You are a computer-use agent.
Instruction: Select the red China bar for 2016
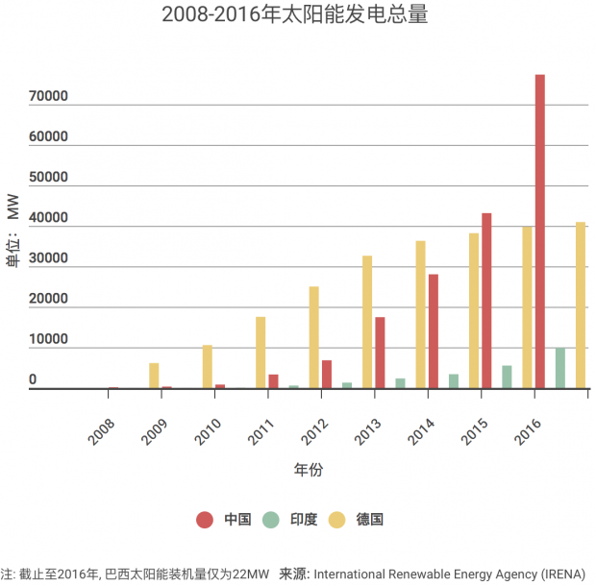click(540, 232)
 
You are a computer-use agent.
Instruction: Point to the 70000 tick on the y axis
click(48, 97)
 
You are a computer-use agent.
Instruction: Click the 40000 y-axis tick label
click(48, 219)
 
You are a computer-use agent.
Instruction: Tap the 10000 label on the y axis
click(48, 340)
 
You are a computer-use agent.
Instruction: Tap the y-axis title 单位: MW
click(12, 231)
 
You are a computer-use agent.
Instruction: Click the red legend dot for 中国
click(205, 520)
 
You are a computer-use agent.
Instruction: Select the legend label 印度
click(305, 520)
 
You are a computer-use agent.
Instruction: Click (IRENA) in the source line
click(561, 574)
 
